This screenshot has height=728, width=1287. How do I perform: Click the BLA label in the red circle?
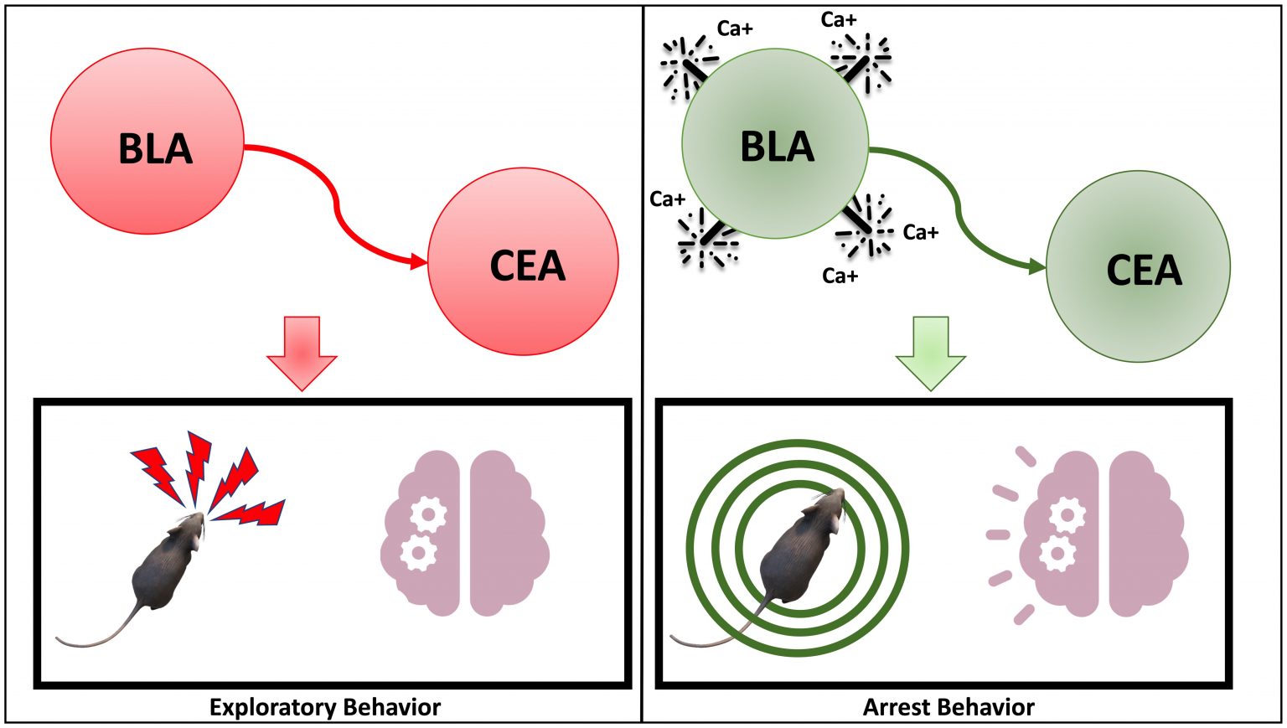(x=155, y=149)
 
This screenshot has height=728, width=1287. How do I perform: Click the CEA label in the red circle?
(x=527, y=266)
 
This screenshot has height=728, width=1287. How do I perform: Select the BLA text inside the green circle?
(x=777, y=147)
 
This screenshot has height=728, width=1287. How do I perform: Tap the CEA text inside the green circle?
(x=1144, y=271)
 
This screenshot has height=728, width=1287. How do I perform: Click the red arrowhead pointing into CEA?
(x=419, y=262)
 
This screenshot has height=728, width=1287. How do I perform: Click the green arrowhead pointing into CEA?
(x=1037, y=267)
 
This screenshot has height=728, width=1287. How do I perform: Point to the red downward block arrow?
(x=302, y=352)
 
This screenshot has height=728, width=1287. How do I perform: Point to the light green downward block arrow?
(x=930, y=352)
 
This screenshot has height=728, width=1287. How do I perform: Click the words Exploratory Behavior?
(x=324, y=707)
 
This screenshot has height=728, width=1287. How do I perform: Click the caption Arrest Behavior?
(x=948, y=707)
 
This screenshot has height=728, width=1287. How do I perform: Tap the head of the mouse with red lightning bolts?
(x=191, y=529)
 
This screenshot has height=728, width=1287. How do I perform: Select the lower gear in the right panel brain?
(x=1057, y=554)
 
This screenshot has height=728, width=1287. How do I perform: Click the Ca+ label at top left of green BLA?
(x=735, y=29)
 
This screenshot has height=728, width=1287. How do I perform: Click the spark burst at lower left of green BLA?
(x=706, y=238)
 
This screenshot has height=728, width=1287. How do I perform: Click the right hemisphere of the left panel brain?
(x=507, y=534)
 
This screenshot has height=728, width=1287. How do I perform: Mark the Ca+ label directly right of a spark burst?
(x=920, y=232)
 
